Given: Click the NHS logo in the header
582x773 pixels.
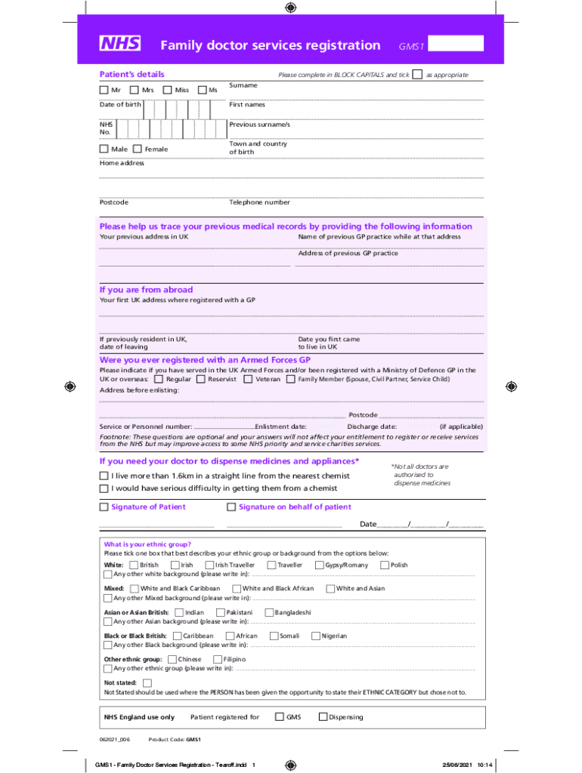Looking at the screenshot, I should [119, 44].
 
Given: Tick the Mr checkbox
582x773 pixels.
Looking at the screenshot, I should [104, 91].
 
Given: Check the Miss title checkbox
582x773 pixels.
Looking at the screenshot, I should [168, 91].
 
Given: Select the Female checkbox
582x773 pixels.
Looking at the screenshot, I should [138, 149].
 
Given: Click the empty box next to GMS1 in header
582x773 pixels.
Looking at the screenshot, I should [455, 44].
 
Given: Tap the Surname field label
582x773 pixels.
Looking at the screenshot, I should [243, 85].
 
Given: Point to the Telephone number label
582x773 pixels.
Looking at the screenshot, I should [259, 202].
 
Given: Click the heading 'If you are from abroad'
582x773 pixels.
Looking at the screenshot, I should [146, 290].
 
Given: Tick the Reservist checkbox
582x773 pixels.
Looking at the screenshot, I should [201, 379].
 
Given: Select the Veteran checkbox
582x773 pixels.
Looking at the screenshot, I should [249, 379].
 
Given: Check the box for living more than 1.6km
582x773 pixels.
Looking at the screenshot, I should [104, 476].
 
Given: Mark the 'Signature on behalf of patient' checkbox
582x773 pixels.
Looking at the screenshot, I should [231, 507].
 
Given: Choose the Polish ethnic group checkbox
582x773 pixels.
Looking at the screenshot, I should [384, 565].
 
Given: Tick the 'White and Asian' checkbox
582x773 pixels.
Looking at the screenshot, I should [330, 589].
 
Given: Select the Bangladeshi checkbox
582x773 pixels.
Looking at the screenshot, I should [268, 612].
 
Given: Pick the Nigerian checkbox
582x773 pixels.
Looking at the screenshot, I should [316, 636].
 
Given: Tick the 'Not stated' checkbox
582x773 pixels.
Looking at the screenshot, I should [147, 683].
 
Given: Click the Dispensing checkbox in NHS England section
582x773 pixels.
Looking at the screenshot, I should [323, 717].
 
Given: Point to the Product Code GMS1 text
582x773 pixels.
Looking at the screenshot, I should [175, 741].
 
